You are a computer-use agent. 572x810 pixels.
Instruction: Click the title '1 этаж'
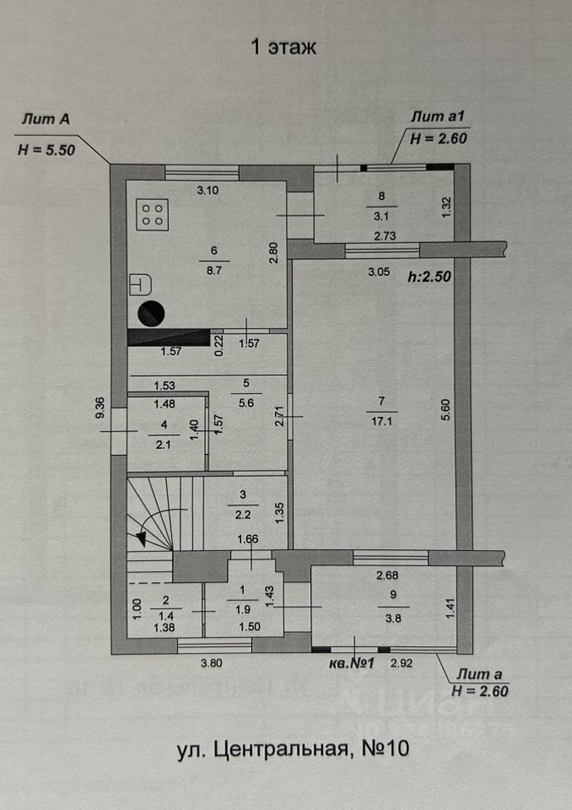pos(283,47)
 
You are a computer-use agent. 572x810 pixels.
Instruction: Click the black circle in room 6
pos(151,313)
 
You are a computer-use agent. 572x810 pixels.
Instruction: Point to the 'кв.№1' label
pos(352,663)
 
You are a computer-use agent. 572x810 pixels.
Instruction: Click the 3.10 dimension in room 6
pos(208,191)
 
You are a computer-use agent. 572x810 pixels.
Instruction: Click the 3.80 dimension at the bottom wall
pos(213,663)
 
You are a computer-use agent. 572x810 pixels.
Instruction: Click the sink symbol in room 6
pos(138,285)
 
